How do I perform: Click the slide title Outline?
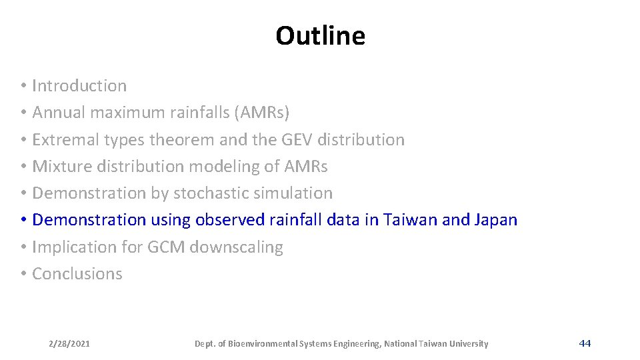click(320, 36)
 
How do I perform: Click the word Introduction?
click(79, 86)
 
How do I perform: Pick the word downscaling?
click(237, 247)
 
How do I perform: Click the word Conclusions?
click(77, 274)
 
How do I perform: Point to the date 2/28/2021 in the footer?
click(69, 344)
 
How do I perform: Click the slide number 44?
click(585, 343)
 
